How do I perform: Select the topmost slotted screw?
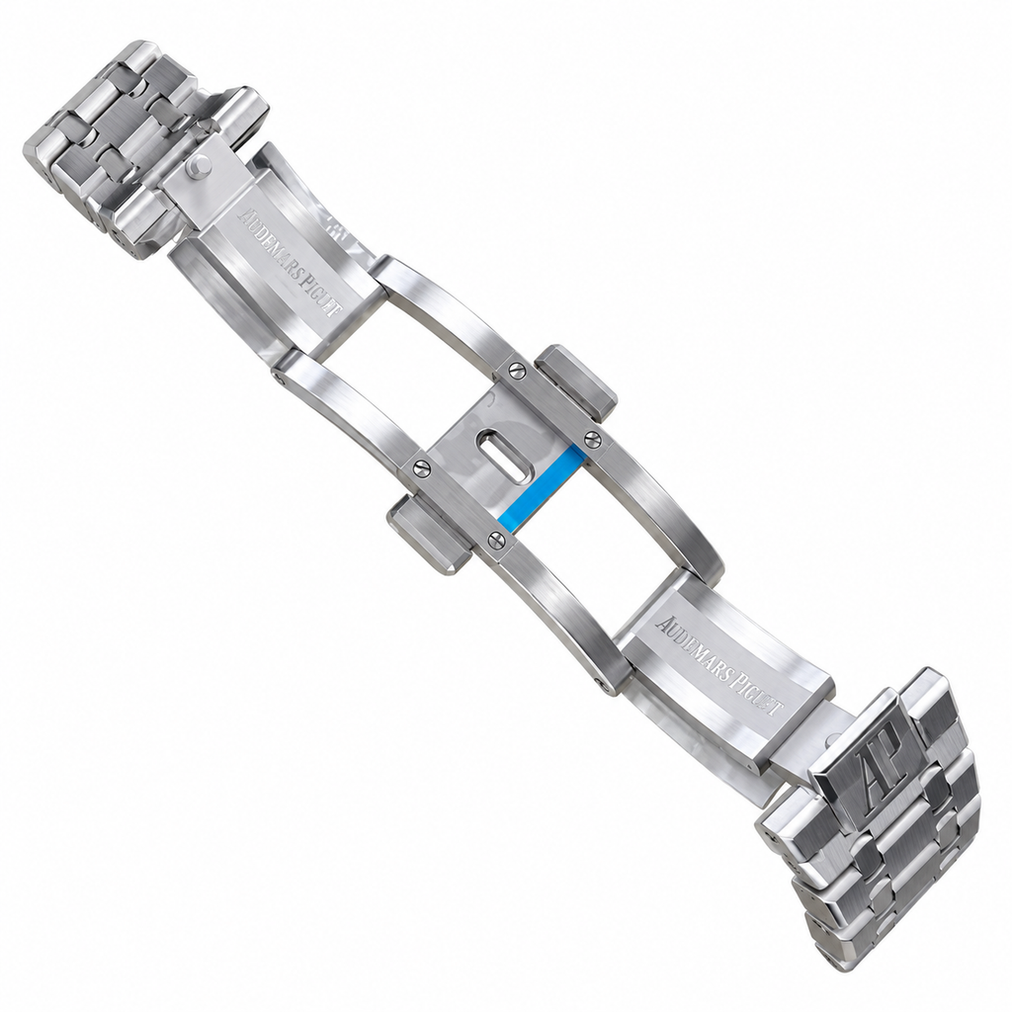516,370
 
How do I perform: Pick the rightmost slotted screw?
591,438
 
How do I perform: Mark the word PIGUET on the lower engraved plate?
759,696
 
